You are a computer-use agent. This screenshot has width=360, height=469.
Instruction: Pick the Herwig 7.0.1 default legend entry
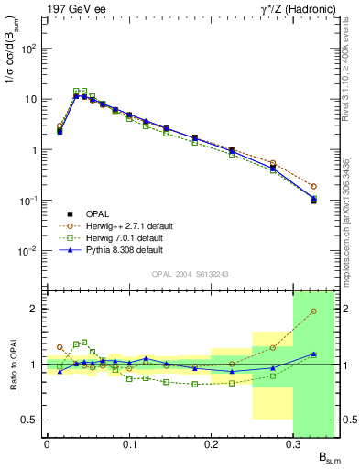(x=124, y=236)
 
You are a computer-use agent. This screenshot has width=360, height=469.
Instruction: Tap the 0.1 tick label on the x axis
(x=129, y=442)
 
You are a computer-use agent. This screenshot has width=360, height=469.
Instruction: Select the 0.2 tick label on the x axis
(x=211, y=442)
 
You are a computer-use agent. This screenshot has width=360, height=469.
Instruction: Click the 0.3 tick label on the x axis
(x=293, y=442)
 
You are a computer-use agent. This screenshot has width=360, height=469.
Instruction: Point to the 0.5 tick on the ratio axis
(x=30, y=420)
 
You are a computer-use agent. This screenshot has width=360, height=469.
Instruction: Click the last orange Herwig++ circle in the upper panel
(x=313, y=186)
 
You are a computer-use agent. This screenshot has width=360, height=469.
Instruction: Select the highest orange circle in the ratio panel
(x=313, y=311)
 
